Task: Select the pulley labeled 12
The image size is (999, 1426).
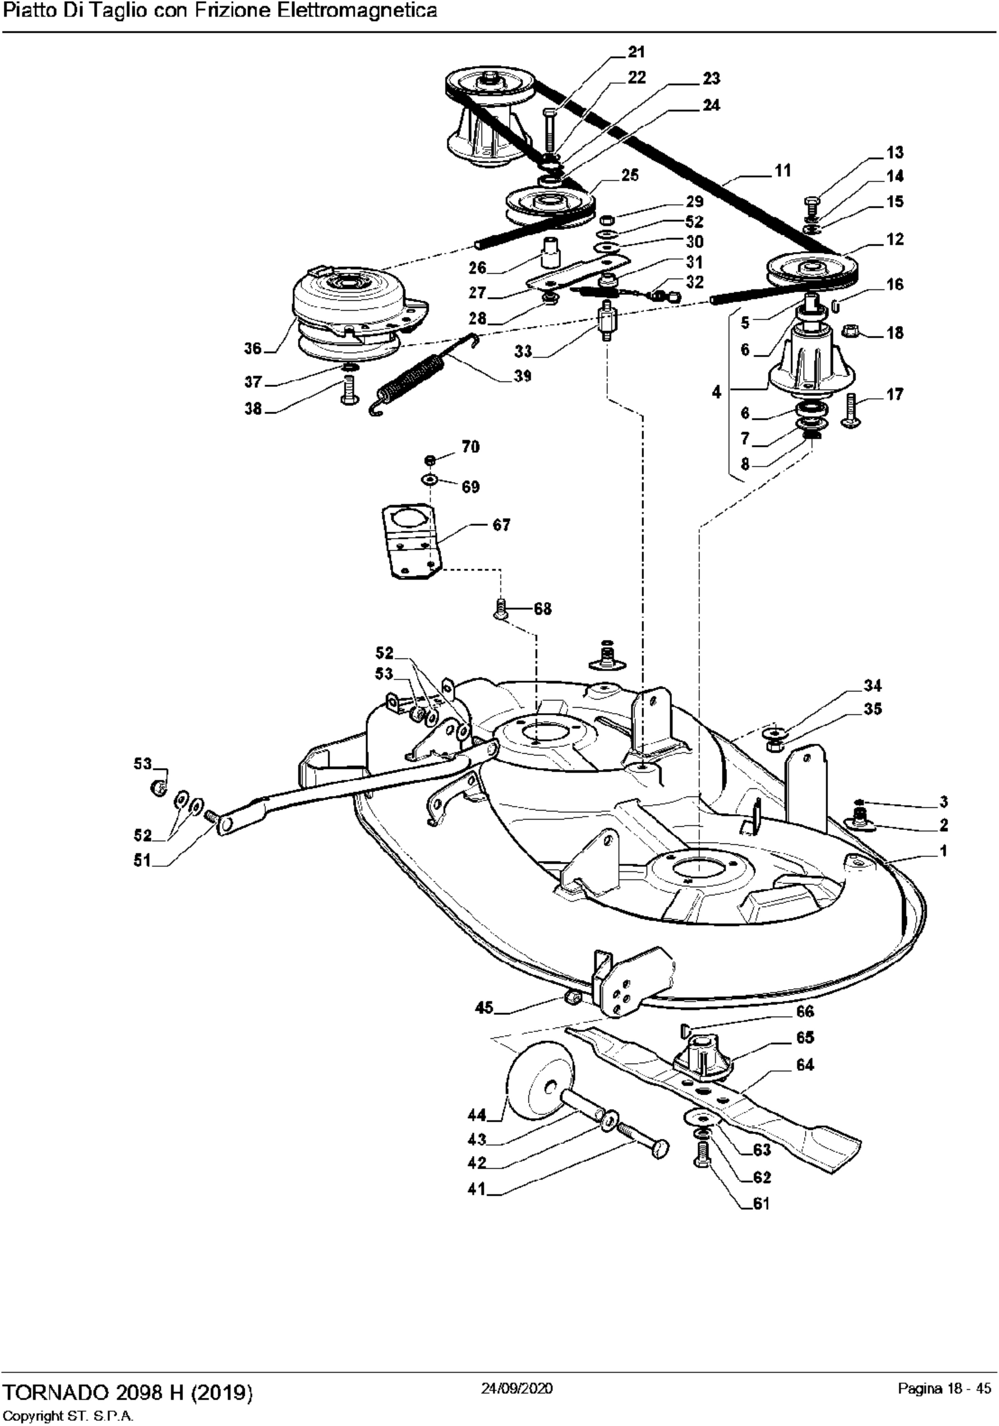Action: tap(811, 270)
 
